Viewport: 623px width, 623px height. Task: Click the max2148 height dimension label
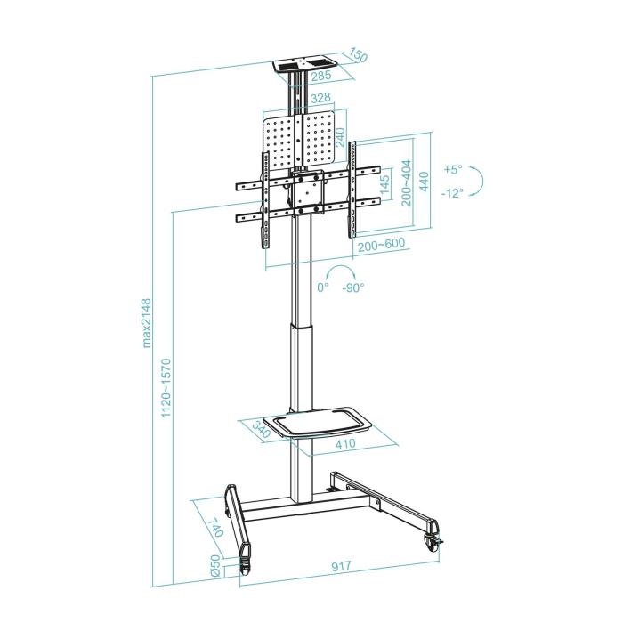pyautogui.click(x=148, y=324)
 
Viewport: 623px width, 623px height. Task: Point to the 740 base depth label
pyautogui.click(x=214, y=527)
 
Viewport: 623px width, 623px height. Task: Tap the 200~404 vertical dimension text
pyautogui.click(x=406, y=183)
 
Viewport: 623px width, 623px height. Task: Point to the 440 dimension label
pyautogui.click(x=425, y=182)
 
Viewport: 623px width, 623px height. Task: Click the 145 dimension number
pyautogui.click(x=384, y=187)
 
